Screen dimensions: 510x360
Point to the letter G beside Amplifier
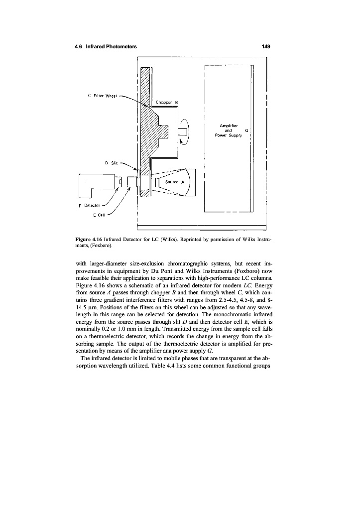pyautogui.click(x=247, y=130)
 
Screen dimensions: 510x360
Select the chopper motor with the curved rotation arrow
pyautogui.click(x=183, y=131)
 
